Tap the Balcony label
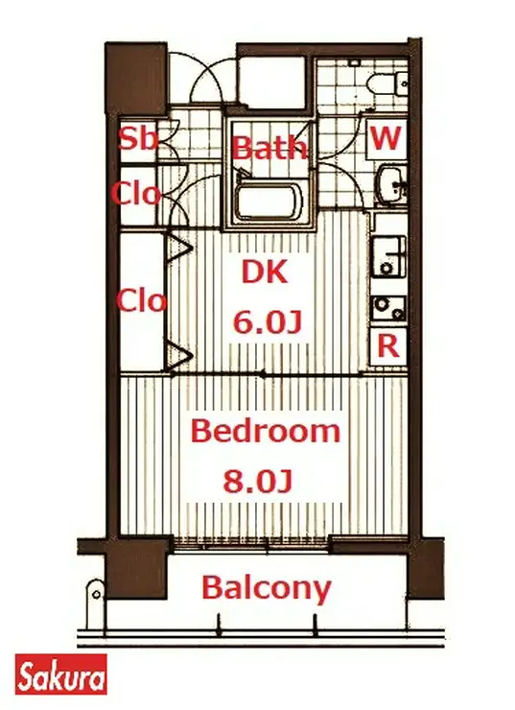pyautogui.click(x=266, y=589)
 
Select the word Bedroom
pyautogui.click(x=266, y=431)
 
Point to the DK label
pyautogui.click(x=265, y=272)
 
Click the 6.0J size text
pyautogui.click(x=267, y=322)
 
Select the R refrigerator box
pyautogui.click(x=387, y=346)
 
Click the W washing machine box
pyautogui.click(x=386, y=137)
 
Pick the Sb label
pyautogui.click(x=138, y=138)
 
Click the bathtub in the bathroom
pyautogui.click(x=269, y=202)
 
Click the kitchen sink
pyautogui.click(x=388, y=257)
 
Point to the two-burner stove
pyautogui.click(x=388, y=308)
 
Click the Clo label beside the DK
pyautogui.click(x=142, y=301)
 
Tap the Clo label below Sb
pyautogui.click(x=136, y=194)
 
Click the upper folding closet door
pyautogui.click(x=180, y=248)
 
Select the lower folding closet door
pyautogui.click(x=180, y=358)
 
